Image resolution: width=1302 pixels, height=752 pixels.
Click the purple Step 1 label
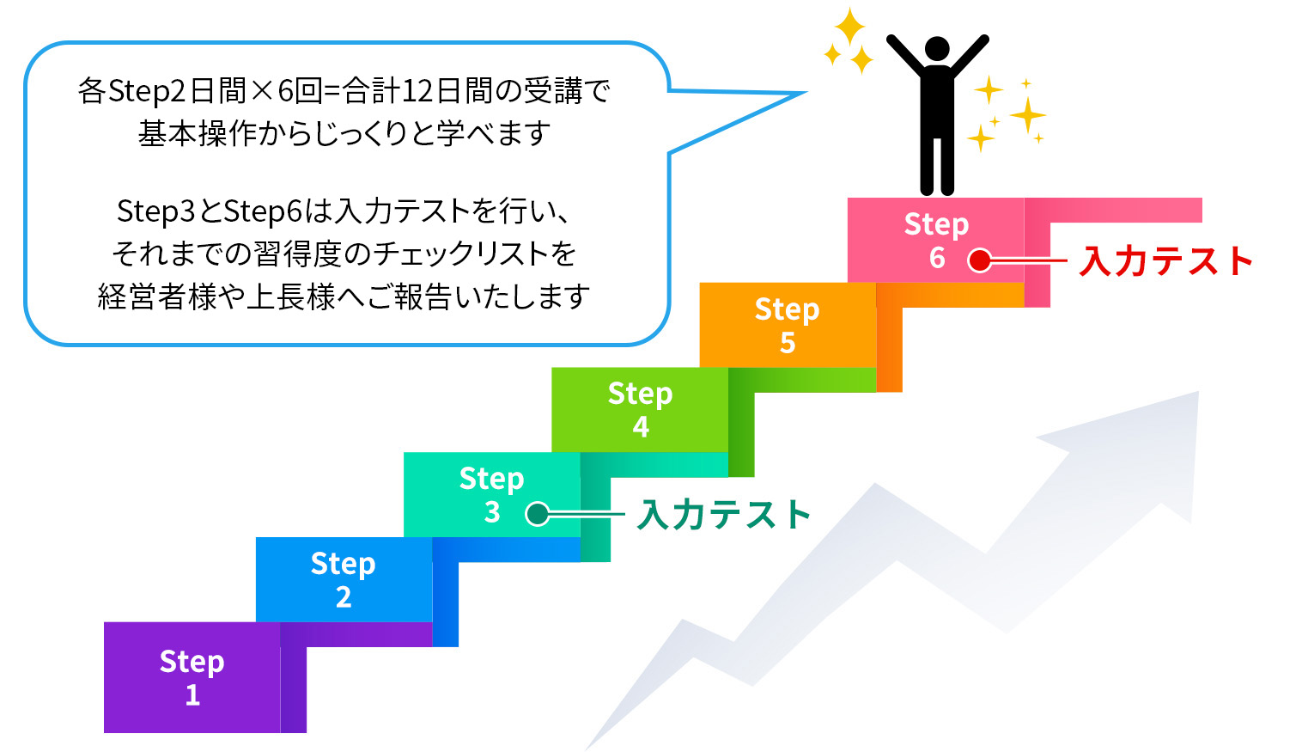[192, 677]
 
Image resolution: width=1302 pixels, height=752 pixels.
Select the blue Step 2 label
[343, 580]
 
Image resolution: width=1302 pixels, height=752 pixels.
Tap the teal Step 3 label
[492, 495]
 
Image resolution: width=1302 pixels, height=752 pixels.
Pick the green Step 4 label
[640, 410]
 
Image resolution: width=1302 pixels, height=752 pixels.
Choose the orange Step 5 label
[787, 326]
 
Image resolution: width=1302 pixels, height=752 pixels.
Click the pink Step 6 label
[936, 241]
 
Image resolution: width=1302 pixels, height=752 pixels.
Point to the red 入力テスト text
[1166, 260]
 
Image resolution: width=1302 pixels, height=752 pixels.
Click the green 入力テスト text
[724, 515]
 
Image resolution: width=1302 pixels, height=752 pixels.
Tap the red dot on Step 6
[980, 260]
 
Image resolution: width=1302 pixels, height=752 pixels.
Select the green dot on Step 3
[537, 514]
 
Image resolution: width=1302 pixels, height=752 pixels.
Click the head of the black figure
[937, 48]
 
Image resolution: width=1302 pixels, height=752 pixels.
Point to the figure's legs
[937, 166]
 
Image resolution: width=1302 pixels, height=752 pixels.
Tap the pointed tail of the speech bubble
[806, 93]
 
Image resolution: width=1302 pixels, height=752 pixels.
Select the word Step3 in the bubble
[155, 211]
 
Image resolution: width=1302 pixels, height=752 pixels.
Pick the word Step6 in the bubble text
[263, 211]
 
